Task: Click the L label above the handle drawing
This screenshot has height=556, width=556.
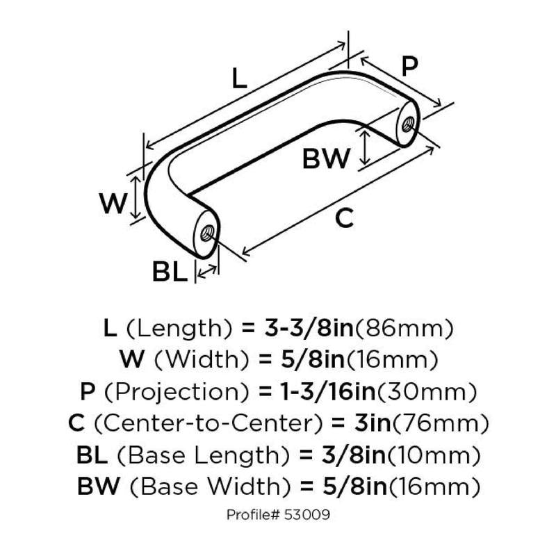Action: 239,79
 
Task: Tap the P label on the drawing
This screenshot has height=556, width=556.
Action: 409,66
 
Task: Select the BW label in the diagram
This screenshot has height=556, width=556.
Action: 326,158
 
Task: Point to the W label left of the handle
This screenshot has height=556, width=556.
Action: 113,204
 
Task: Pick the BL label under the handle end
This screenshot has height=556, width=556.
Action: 170,271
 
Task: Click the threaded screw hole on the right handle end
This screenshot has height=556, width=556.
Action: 408,124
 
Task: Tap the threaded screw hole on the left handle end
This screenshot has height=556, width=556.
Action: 206,234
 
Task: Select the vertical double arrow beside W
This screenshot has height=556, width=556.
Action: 135,197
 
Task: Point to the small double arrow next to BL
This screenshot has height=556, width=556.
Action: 207,271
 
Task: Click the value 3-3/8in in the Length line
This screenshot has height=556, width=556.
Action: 309,328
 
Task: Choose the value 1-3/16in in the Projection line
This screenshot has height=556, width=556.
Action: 328,391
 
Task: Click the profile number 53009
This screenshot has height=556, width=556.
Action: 306,514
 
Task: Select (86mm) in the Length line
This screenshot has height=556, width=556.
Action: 404,328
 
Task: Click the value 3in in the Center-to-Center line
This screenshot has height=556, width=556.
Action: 373,423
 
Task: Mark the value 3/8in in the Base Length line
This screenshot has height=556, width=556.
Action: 354,455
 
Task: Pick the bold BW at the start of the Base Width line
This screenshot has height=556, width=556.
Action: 98,486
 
